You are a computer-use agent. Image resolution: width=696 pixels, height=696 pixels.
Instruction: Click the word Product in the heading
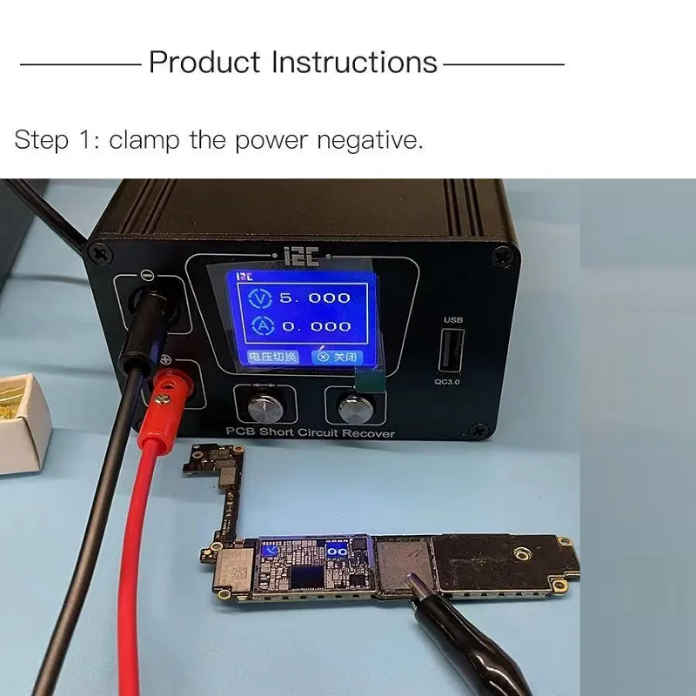pos(204,63)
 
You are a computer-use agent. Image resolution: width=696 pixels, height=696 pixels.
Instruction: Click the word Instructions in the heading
pos(354,63)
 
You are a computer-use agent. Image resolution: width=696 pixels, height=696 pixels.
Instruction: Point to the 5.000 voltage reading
pos(314,298)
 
